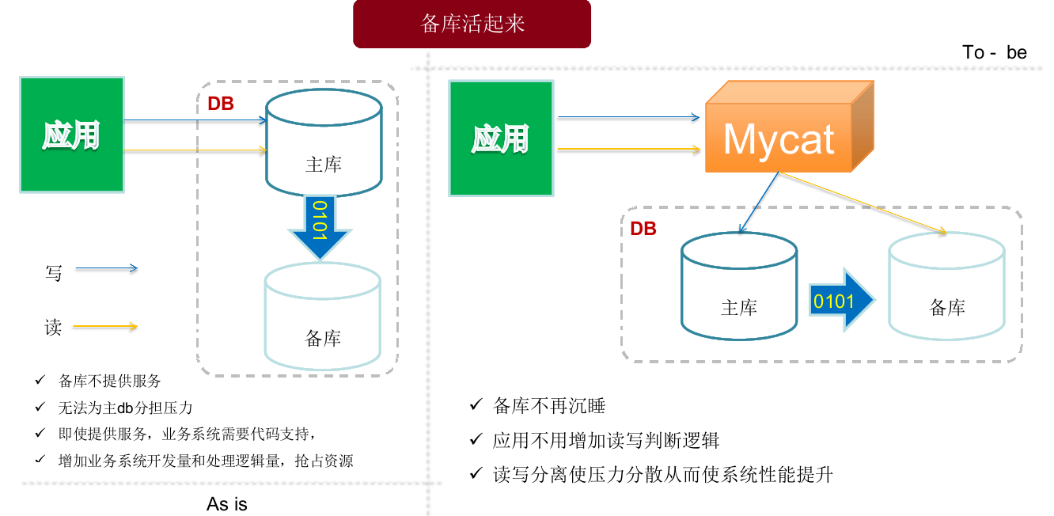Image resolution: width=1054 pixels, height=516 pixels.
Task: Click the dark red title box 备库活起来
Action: [472, 24]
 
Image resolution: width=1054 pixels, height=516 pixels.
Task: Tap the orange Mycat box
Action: [779, 138]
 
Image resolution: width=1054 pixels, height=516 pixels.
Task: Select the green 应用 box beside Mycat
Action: [500, 138]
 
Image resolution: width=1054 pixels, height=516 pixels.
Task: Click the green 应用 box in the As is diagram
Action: [71, 135]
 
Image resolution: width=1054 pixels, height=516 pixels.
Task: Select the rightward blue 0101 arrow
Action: [840, 300]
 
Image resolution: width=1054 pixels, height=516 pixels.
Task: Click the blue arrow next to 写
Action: [106, 269]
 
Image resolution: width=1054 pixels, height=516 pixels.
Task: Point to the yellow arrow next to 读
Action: [106, 326]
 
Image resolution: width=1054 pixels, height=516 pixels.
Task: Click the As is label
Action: [227, 503]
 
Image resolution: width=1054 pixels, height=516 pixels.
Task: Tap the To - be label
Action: [995, 52]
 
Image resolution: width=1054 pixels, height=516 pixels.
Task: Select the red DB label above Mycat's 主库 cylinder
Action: [643, 229]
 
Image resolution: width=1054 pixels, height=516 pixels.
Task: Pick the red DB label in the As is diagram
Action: [221, 104]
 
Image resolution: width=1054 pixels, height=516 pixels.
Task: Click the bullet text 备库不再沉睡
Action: [548, 406]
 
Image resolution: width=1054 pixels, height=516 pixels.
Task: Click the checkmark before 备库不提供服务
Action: [40, 381]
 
